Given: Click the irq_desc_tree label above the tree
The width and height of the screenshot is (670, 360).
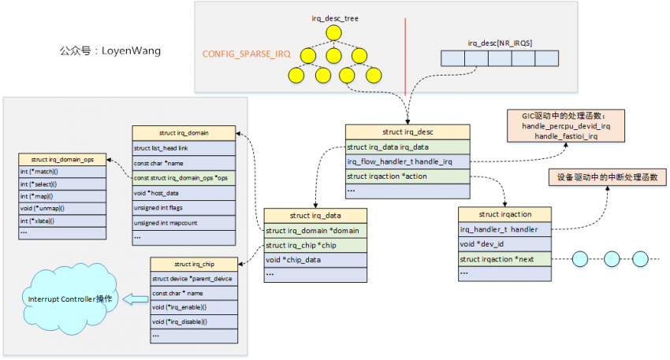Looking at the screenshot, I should point(334,18).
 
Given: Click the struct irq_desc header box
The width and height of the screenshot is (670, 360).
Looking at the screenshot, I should point(408,132).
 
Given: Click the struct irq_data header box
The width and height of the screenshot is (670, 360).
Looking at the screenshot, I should point(315,215).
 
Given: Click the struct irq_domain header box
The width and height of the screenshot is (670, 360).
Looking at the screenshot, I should point(184,132).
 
